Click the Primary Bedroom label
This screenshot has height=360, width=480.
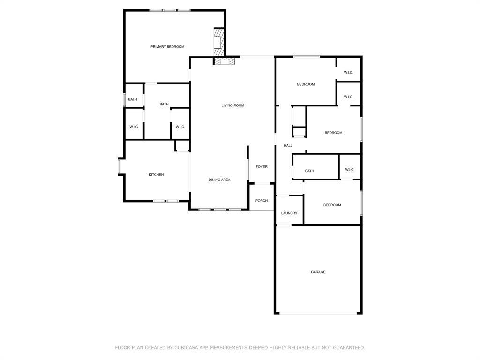167,47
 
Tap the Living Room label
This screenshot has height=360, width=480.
232,105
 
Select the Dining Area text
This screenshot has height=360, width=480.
219,180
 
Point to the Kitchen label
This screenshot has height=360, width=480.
156,175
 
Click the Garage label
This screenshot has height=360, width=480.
318,272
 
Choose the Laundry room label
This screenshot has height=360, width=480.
289,213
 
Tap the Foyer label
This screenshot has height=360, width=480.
262,167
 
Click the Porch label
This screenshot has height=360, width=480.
262,201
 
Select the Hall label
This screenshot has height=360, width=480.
288,146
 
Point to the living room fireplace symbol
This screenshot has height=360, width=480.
225,62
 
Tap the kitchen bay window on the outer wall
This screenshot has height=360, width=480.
120,166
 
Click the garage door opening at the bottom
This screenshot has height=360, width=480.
318,313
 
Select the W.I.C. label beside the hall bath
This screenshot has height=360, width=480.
350,170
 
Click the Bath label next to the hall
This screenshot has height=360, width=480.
309,171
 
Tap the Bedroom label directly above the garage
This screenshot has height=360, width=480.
332,205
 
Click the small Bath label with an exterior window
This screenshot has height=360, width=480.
133,99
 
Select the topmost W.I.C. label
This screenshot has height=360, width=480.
348,73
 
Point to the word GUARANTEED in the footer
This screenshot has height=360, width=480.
349,348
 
